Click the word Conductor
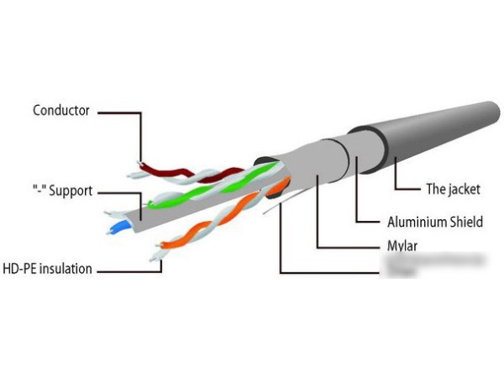(60, 110)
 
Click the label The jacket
(453, 189)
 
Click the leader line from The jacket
(395, 176)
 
